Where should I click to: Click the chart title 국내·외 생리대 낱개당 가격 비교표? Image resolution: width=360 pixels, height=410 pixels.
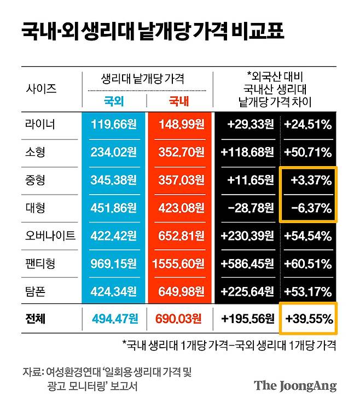[x=153, y=32]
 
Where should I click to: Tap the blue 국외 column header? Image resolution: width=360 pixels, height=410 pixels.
[x=114, y=101]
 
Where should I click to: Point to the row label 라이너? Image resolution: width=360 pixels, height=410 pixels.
[x=40, y=124]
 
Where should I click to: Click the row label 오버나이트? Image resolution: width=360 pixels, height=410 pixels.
[x=50, y=236]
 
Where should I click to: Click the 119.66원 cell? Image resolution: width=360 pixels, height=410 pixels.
[x=114, y=124]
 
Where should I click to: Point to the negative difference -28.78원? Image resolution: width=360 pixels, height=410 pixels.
[x=247, y=208]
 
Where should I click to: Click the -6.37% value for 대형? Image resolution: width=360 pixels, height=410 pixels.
[x=307, y=208]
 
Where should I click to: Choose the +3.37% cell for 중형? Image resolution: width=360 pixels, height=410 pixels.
[x=307, y=180]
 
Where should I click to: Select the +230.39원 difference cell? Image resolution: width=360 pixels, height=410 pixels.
[x=247, y=236]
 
